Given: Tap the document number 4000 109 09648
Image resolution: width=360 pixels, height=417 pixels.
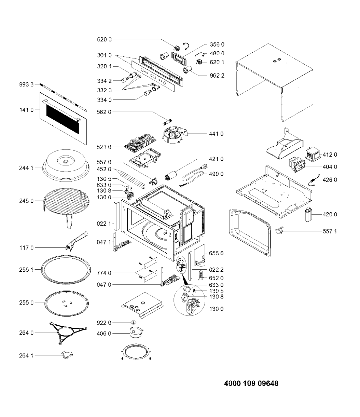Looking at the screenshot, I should (251, 383).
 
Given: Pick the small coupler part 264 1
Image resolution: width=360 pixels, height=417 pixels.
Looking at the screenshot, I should (66, 354).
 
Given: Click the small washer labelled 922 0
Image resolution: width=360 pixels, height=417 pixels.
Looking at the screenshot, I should (134, 323).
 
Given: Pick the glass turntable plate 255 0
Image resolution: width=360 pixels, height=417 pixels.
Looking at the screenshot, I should (66, 303).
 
